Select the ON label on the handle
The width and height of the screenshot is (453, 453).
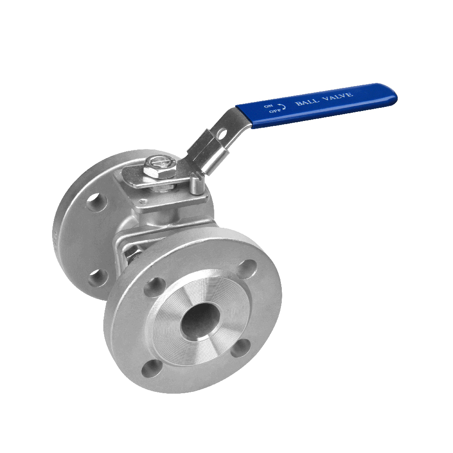point(268,106)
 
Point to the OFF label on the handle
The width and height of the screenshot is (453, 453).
point(271,111)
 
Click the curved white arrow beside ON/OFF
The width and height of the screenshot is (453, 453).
point(282,106)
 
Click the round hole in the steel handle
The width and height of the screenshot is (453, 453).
point(222,134)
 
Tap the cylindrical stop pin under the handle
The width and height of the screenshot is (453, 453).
point(195,185)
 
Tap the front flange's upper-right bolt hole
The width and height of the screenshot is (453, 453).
point(247,268)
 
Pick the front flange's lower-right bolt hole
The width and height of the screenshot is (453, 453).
point(241,348)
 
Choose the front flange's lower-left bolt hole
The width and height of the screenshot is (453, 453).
point(151,368)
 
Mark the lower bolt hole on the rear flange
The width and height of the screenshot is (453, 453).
point(98,277)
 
